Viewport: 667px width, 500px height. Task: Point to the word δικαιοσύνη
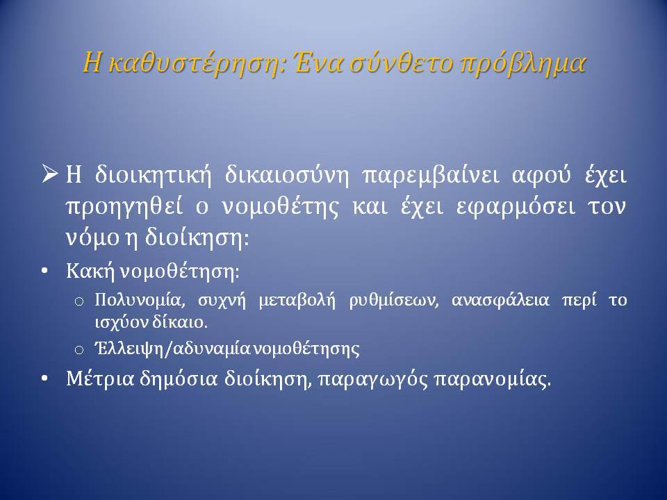[286, 176]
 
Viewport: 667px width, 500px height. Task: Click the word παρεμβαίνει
[430, 176]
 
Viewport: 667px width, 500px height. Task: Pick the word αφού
[541, 176]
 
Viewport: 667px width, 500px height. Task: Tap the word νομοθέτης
[281, 207]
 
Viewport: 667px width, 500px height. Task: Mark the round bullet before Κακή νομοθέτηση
[44, 272]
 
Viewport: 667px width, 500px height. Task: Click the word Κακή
[90, 271]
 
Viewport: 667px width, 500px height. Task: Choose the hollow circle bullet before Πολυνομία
[79, 301]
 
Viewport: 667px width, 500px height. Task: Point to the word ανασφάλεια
[500, 301]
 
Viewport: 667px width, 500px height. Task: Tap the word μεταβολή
[297, 301]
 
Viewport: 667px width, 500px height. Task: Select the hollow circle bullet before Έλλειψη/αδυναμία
[79, 350]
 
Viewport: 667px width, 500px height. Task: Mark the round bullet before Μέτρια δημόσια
[44, 378]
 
